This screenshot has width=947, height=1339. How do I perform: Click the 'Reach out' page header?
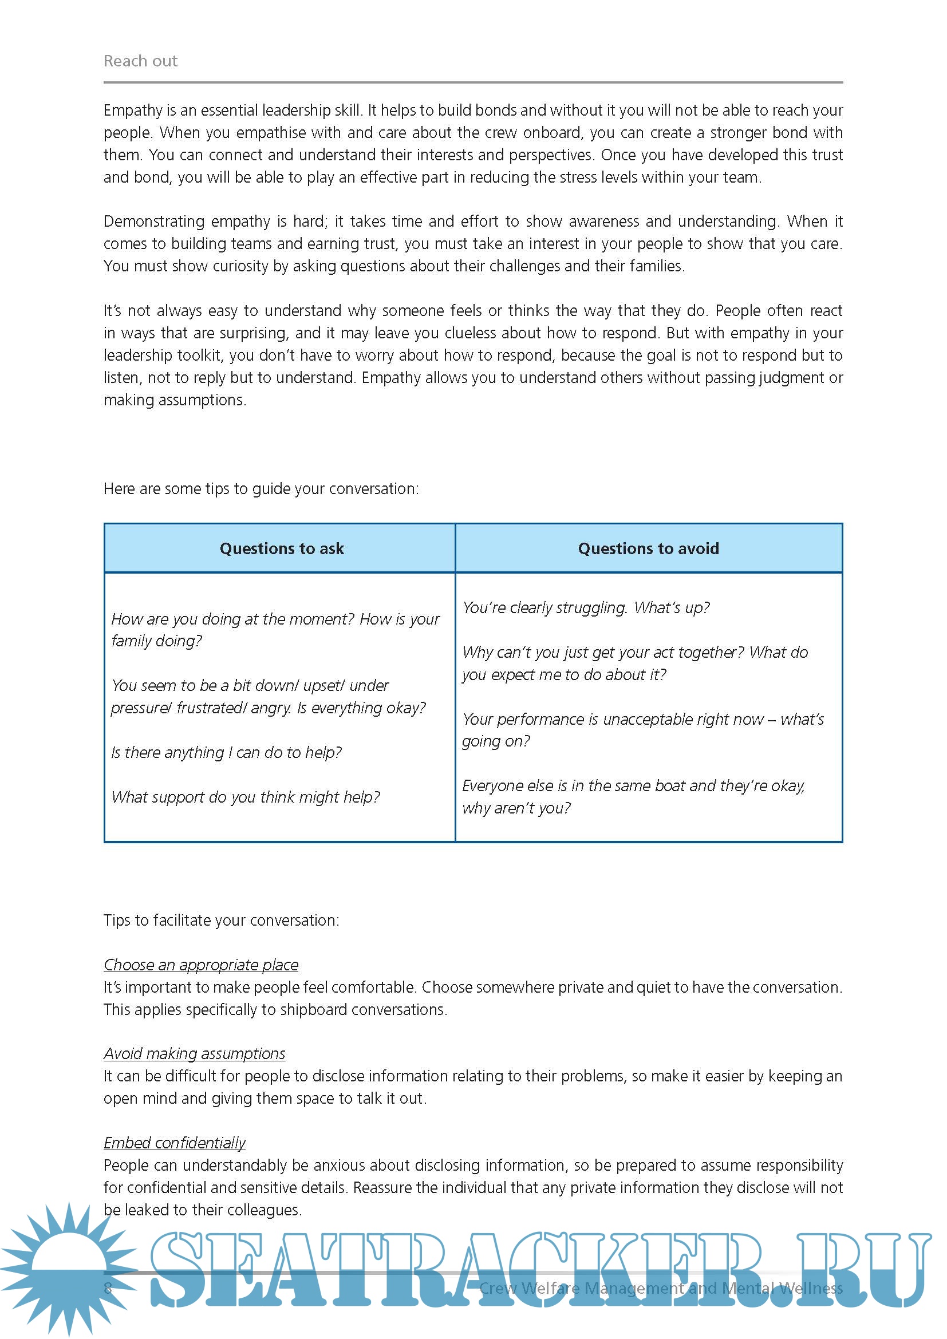click(140, 61)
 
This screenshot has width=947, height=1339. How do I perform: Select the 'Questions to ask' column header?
click(282, 548)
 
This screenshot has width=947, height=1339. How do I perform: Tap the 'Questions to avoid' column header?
click(649, 548)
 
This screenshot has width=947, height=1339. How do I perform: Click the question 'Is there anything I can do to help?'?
click(226, 752)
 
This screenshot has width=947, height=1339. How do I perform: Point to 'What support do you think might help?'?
click(246, 797)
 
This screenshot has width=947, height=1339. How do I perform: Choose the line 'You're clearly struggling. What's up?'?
click(586, 608)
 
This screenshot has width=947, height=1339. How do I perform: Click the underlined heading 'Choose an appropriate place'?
click(201, 965)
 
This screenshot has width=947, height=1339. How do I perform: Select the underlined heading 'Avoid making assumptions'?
click(195, 1053)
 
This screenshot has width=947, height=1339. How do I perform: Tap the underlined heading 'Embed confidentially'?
click(175, 1143)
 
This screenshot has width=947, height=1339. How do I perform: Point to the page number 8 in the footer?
click(108, 1287)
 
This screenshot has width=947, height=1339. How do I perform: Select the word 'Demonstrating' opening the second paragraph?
click(154, 222)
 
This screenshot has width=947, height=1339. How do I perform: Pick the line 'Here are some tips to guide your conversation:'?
click(261, 489)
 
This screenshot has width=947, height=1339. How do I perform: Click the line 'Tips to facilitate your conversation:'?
click(221, 921)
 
